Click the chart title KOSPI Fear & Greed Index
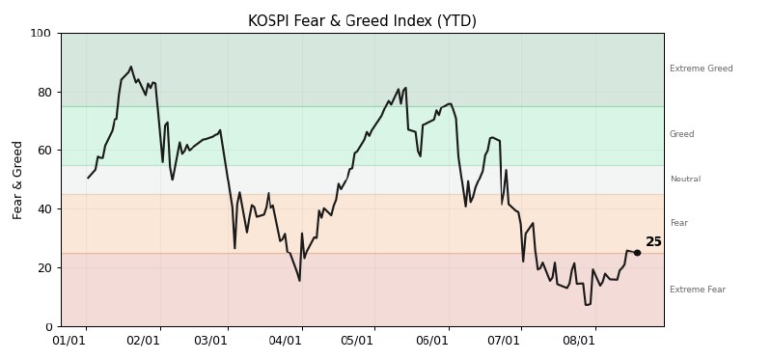pyautogui.click(x=362, y=21)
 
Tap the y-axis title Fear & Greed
pyautogui.click(x=17, y=180)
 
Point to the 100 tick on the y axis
pyautogui.click(x=41, y=34)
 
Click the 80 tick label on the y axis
pyautogui.click(x=43, y=92)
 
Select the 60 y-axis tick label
pyautogui.click(x=43, y=151)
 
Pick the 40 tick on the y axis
pyautogui.click(x=43, y=208)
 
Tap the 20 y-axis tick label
pyautogui.click(x=43, y=268)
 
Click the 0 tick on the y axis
pyautogui.click(x=47, y=326)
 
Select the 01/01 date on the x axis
pyautogui.click(x=69, y=341)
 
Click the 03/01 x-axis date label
pyautogui.click(x=210, y=341)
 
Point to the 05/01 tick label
pyautogui.click(x=357, y=341)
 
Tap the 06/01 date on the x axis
pyautogui.click(x=431, y=341)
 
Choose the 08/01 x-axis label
pyautogui.click(x=578, y=341)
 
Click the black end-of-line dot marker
pyautogui.click(x=637, y=253)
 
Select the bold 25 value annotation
pyautogui.click(x=653, y=242)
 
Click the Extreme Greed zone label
pyautogui.click(x=702, y=69)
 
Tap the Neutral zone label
pyautogui.click(x=685, y=179)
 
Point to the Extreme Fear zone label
pyautogui.click(x=698, y=290)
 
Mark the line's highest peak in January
pyautogui.click(x=130, y=67)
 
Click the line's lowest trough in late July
pyautogui.click(x=586, y=305)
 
